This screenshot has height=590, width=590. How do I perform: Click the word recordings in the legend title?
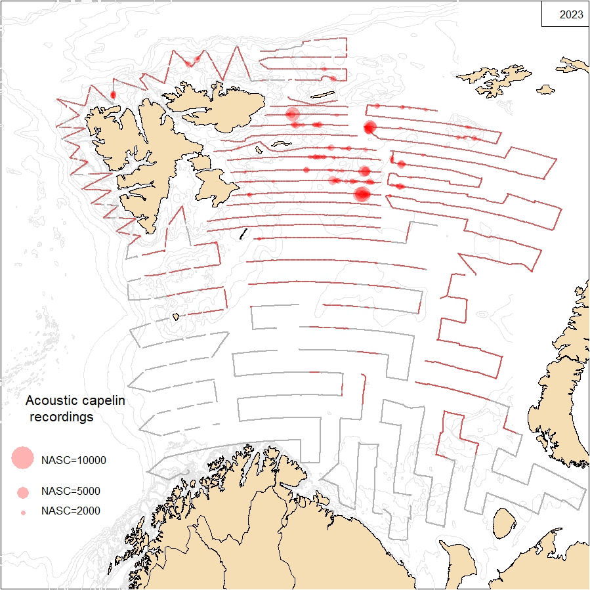pyautogui.click(x=61, y=417)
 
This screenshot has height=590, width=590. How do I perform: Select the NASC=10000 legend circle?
pyautogui.click(x=22, y=458)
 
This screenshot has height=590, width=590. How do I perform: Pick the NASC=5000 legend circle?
pyautogui.click(x=23, y=492)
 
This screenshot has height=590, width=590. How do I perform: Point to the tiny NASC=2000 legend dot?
pyautogui.click(x=23, y=512)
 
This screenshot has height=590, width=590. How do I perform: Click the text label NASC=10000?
pyautogui.click(x=73, y=460)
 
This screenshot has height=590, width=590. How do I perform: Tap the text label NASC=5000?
pyautogui.click(x=70, y=491)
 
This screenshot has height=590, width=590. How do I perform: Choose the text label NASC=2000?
pyautogui.click(x=70, y=511)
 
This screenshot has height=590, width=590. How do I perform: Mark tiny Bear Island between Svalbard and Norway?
pyautogui.click(x=176, y=316)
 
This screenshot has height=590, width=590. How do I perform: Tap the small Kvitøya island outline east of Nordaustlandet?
pyautogui.click(x=322, y=96)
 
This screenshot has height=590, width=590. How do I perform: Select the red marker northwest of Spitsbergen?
pyautogui.click(x=113, y=95)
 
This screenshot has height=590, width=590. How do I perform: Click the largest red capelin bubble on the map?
pyautogui.click(x=362, y=194)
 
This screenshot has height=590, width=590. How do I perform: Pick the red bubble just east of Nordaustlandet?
pyautogui.click(x=293, y=114)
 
